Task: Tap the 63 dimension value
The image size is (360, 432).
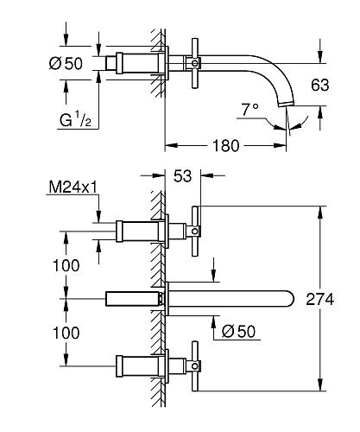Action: [x=320, y=85]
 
